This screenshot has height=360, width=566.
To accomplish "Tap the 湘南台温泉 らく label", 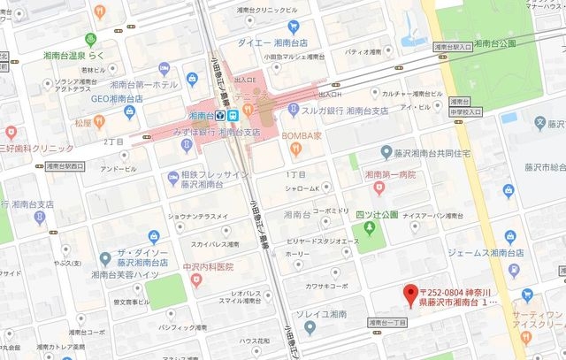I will point(74,55).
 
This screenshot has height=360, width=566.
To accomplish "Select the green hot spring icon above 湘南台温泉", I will point(90,40).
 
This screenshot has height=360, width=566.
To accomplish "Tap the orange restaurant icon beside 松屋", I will point(100,121).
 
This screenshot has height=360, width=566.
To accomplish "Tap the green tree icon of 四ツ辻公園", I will point(370,229).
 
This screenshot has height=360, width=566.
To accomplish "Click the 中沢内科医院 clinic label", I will point(203,266).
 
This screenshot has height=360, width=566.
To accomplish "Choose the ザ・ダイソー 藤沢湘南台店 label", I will point(142,257).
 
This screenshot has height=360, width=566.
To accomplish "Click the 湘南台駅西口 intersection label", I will point(65,165).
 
